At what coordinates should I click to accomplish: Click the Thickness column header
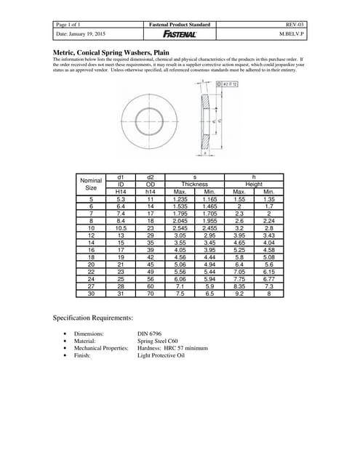pyautogui.click(x=194, y=185)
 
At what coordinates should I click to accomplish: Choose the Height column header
pyautogui.click(x=253, y=185)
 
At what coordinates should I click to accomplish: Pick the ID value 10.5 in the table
pyautogui.click(x=121, y=227)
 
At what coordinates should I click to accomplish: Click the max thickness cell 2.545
pyautogui.click(x=180, y=227)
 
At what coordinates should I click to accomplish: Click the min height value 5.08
pyautogui.click(x=268, y=256)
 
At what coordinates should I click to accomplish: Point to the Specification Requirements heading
pyautogui.click(x=93, y=318)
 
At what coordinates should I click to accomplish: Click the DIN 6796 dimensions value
pyautogui.click(x=153, y=333)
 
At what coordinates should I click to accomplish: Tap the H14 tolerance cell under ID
pyautogui.click(x=121, y=191)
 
